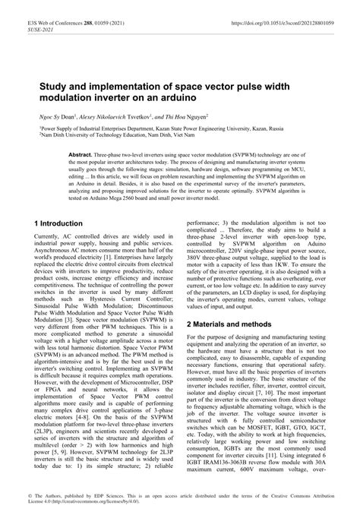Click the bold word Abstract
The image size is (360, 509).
point(83,153)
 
